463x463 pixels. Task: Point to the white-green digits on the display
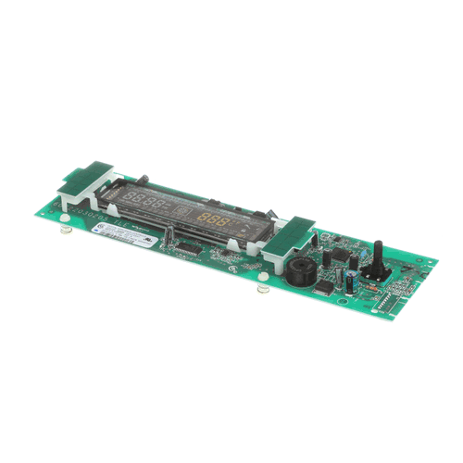click(143, 203)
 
